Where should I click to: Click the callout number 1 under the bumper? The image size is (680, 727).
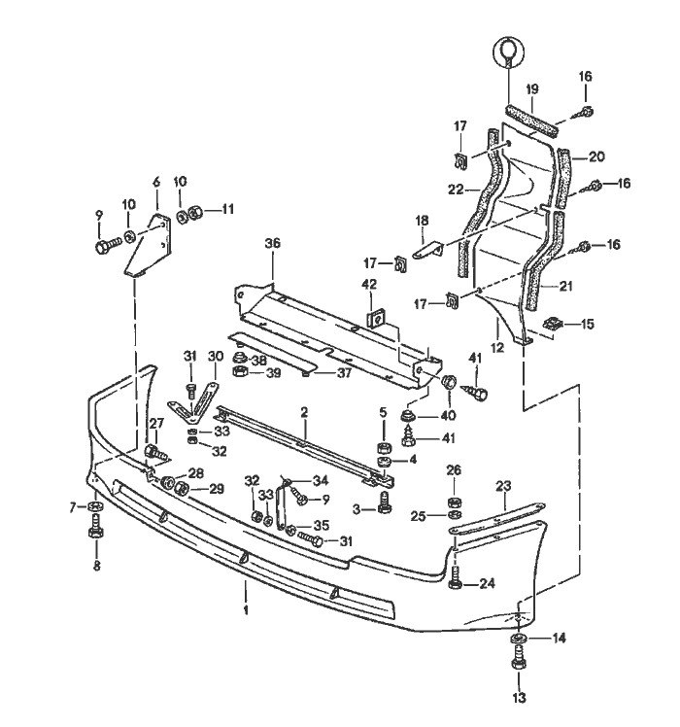point(247,609)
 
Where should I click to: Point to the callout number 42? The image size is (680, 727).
point(369,285)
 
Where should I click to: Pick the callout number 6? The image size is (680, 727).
point(155,182)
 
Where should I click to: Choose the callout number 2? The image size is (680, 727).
point(304,412)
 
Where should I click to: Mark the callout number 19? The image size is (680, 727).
point(531,88)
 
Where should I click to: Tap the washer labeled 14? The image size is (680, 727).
point(518,639)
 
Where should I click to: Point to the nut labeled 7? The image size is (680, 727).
point(94,507)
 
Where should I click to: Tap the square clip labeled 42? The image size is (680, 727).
point(374,317)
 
